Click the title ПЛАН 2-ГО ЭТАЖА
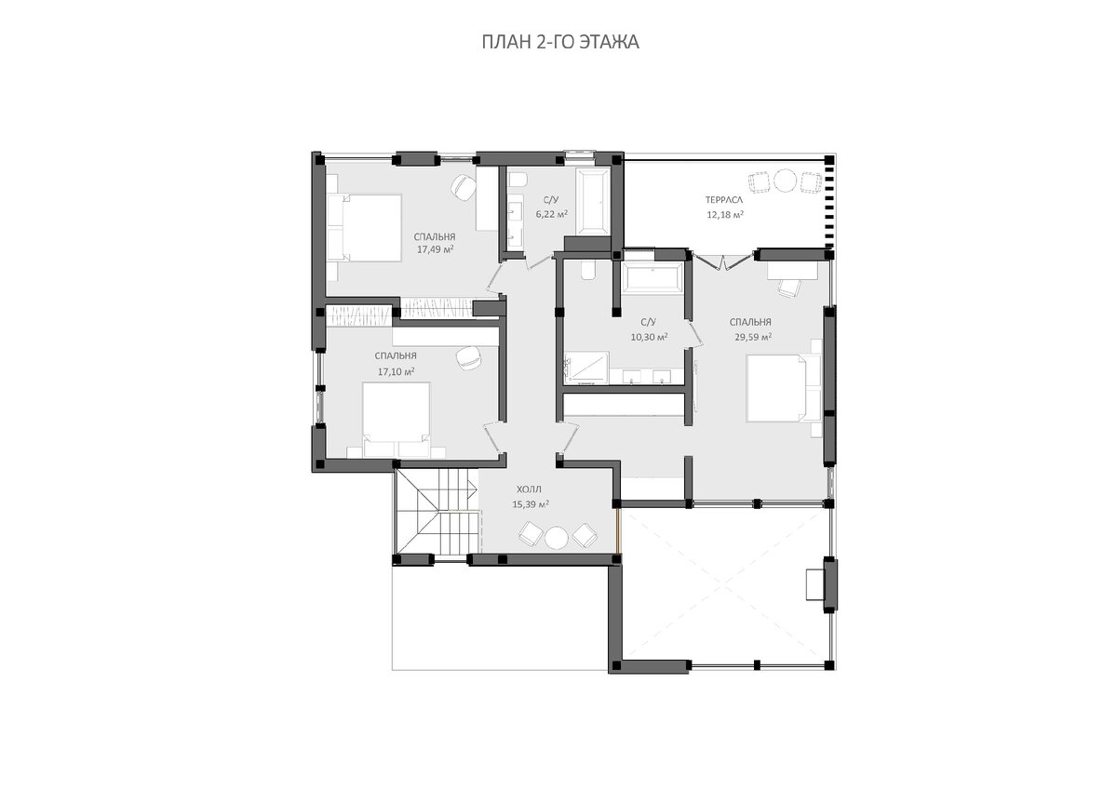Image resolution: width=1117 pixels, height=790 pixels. click(x=560, y=43)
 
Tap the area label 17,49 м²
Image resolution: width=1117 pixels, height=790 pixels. click(x=436, y=249)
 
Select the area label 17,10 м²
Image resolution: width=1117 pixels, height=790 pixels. click(x=397, y=371)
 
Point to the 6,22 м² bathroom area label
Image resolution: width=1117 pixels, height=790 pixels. click(x=552, y=214)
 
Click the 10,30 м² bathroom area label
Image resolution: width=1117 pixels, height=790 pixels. click(x=650, y=337)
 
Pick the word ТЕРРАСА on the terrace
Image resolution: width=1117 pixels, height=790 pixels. click(x=724, y=200)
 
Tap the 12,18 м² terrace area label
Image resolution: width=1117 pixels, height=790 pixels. click(x=725, y=215)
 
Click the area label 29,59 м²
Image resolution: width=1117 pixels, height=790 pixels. click(x=753, y=337)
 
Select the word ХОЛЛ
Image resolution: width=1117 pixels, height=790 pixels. click(x=529, y=489)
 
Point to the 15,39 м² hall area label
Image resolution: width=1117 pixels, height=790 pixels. click(x=531, y=504)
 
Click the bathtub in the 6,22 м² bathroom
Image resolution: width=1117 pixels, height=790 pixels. click(x=593, y=201)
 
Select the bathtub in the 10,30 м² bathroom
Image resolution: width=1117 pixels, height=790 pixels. click(x=653, y=276)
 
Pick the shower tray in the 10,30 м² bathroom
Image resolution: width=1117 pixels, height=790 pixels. click(x=586, y=368)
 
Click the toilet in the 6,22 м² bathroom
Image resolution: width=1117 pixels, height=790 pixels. click(x=518, y=180)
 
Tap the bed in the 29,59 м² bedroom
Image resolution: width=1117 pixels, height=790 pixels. click(x=784, y=388)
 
